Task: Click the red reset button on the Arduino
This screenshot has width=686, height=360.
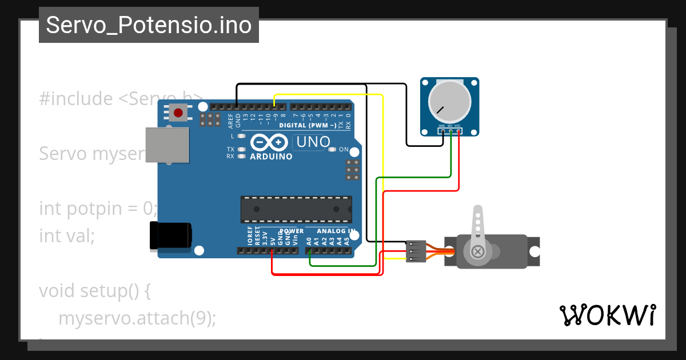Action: (x=178, y=113)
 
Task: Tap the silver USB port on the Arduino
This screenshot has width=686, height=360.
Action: (x=167, y=143)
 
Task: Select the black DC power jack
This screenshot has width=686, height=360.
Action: (x=170, y=235)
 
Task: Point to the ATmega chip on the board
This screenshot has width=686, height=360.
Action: (x=296, y=209)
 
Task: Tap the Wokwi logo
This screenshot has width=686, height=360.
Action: (x=607, y=315)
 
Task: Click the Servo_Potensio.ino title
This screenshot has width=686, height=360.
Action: (x=149, y=25)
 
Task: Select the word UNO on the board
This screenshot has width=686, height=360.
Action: (x=312, y=142)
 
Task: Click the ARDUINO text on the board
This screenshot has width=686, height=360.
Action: (x=271, y=157)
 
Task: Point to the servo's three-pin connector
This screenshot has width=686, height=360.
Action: (x=415, y=251)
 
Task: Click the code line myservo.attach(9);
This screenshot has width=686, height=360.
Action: (x=137, y=318)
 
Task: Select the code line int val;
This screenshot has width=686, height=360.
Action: (x=67, y=235)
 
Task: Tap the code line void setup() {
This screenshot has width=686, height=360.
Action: (x=95, y=291)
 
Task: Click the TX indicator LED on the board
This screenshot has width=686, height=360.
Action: (x=242, y=149)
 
